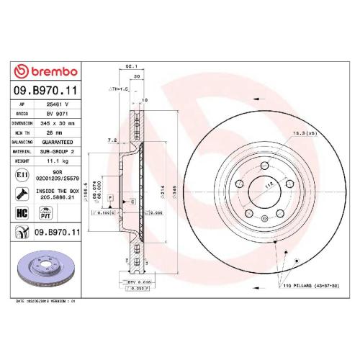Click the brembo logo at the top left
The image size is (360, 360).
[46, 72]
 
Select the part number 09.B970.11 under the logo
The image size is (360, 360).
[46, 90]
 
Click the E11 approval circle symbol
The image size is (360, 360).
[22, 175]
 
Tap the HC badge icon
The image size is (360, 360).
[22, 212]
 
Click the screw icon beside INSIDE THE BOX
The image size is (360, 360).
[22, 192]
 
